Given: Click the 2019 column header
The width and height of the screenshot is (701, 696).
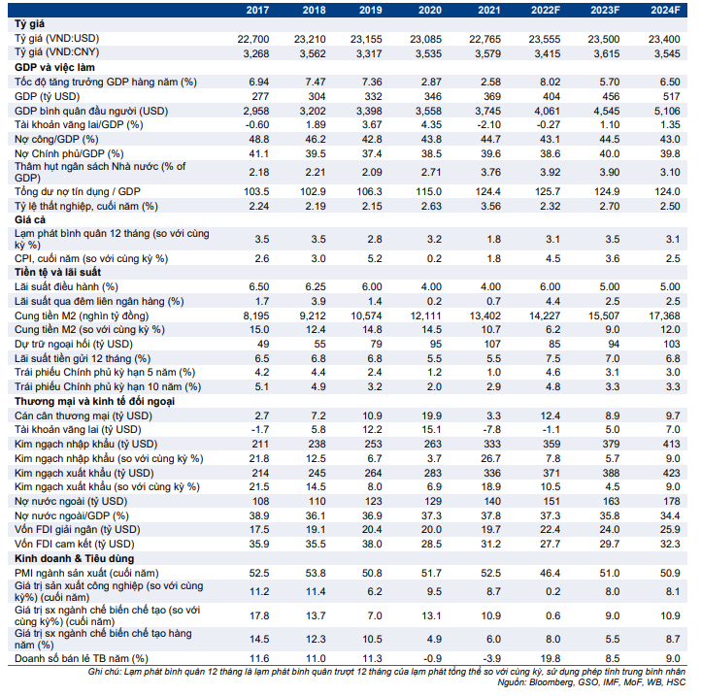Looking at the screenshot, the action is pos(370,11).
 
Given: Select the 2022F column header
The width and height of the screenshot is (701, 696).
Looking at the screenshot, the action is pos(546,11).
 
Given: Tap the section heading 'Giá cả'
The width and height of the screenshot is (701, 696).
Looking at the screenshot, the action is pos(30,220).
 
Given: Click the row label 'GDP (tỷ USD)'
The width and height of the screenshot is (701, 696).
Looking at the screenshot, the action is pos(47,96).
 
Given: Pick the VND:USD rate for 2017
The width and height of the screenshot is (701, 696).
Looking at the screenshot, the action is pos(253,40).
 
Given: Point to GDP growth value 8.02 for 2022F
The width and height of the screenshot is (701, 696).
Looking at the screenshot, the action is pos(551,83).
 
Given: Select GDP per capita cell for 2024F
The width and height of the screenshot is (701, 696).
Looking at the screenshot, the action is pos(664,111).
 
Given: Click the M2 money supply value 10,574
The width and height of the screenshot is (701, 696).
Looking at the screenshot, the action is pos(366,316).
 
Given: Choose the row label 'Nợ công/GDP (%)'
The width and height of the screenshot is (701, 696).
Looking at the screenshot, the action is pos(56,140).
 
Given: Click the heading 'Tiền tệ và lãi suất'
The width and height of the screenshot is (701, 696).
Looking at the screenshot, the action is pos(57,272).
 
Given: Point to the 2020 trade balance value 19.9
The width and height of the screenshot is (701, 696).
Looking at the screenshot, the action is pos(431,415).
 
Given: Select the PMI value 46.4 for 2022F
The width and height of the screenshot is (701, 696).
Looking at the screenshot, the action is pos(551,573).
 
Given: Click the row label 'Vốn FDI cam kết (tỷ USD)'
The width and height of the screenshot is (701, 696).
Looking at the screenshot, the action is pos(74,544).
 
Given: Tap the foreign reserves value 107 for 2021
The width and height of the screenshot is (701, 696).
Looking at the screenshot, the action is pos(492,345).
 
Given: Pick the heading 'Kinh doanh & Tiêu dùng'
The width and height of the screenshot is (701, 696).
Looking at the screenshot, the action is pos(74,559).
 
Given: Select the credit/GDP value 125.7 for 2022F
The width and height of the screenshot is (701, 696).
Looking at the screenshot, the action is pos(548,192).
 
